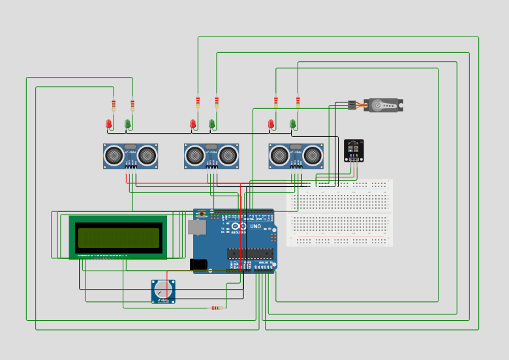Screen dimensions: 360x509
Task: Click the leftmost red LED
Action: tap(109, 123)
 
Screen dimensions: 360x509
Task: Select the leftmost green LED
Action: tap(128, 123)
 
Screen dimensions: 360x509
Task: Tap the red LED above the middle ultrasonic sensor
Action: tap(193, 123)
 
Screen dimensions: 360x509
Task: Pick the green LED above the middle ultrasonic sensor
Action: tap(211, 123)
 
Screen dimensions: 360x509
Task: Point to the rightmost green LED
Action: tap(293, 123)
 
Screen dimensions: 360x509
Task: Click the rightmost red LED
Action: tap(271, 123)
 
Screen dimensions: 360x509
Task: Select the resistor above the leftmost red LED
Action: tap(114, 104)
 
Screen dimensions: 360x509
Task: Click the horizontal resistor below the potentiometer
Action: tap(216, 308)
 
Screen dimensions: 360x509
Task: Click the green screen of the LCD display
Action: tap(118, 237)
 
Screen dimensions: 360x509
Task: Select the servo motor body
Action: tap(383, 105)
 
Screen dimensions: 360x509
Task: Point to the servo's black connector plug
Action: tap(352, 105)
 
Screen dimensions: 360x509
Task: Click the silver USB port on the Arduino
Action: tap(196, 227)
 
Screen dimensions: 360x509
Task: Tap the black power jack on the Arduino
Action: tap(198, 264)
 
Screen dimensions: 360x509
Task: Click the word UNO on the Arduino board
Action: tap(255, 226)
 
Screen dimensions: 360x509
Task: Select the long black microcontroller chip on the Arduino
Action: tap(250, 253)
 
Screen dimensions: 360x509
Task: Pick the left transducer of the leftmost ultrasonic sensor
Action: tap(114, 155)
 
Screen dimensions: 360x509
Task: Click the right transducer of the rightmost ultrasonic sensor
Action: tap(313, 155)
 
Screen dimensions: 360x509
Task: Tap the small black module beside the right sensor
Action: tap(354, 150)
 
